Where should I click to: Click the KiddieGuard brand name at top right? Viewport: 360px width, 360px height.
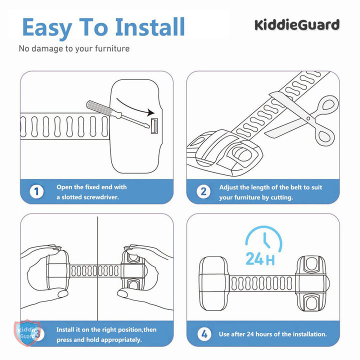297,25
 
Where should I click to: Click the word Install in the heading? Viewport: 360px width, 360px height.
150,27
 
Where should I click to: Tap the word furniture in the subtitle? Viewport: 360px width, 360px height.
112,48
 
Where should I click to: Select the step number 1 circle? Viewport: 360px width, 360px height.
36,191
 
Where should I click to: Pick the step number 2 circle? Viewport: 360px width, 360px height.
203,191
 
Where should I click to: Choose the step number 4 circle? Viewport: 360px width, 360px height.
204,334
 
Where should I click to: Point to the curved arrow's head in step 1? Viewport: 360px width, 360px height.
151,112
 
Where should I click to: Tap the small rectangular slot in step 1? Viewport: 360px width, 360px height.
154,126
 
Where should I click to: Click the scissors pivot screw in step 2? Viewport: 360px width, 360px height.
308,118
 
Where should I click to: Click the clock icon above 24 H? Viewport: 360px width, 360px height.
263,239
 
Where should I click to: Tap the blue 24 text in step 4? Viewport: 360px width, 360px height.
254,259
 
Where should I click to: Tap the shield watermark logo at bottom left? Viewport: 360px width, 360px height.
27,332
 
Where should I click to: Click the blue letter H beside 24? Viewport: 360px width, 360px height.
270,260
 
